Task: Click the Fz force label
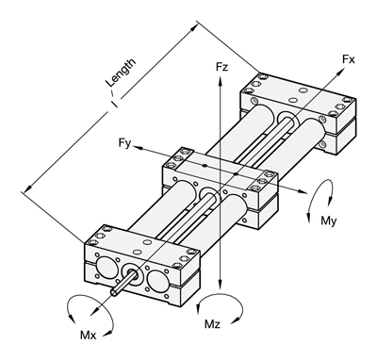(221, 67)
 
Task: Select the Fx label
(349, 59)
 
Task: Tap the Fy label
(124, 143)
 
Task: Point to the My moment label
(328, 221)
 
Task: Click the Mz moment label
(212, 324)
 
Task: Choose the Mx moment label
(89, 335)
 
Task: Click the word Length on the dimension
(121, 73)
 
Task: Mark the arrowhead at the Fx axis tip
(340, 73)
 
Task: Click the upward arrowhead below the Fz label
(221, 79)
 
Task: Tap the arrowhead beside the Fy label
(137, 147)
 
